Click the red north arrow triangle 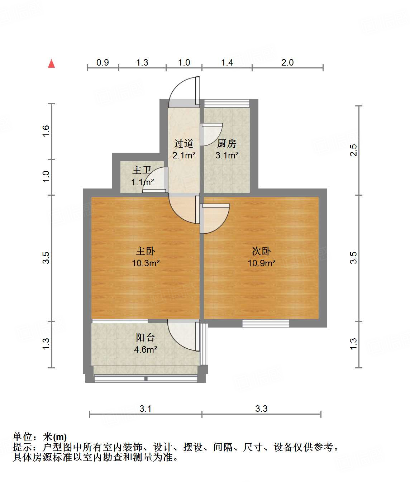coord(52,63)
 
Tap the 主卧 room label coord(146,251)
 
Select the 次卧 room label coord(261,251)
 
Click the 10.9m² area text coord(261,263)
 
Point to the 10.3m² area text coord(146,263)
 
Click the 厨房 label coord(227,143)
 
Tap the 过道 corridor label coord(184,143)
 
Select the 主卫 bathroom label coord(142,170)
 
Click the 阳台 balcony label coord(146,337)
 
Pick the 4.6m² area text coord(146,349)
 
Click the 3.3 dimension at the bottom coord(261,409)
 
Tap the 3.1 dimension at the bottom coord(146,409)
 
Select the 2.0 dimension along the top coord(287,63)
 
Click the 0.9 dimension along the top coord(102,63)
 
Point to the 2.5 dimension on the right coord(353,150)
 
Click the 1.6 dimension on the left coord(46,131)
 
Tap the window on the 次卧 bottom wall coord(266,323)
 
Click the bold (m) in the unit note coord(60,437)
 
